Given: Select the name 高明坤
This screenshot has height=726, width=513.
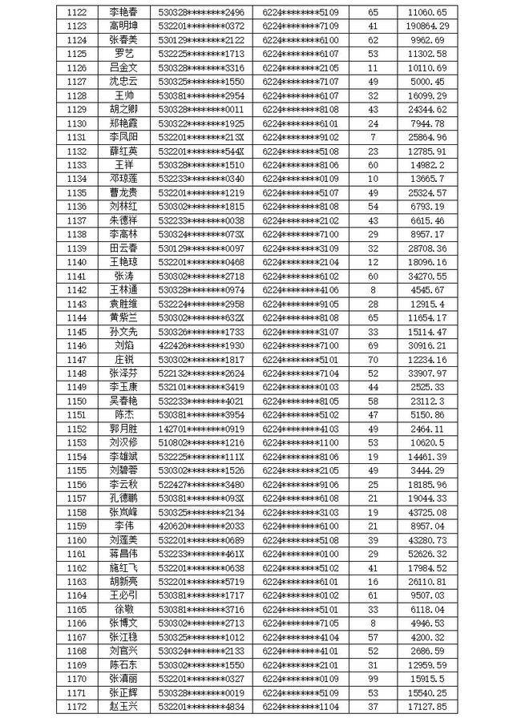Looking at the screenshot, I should pos(123,26).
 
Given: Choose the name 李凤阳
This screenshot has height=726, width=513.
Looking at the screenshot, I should pos(123,137).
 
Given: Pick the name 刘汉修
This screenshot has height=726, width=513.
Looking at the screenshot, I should pos(123,442).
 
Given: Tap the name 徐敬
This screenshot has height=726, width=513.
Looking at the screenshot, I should pos(123,609).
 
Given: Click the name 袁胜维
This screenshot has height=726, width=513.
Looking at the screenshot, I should pos(123,304).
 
